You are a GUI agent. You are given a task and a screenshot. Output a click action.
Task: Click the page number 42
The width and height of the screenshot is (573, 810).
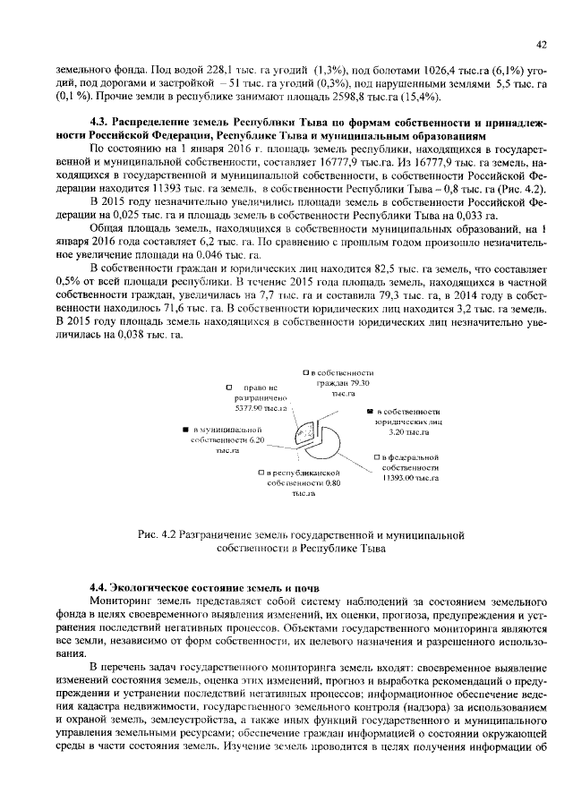(x=541, y=44)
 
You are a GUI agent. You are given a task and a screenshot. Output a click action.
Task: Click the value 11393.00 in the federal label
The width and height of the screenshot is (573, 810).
(x=396, y=479)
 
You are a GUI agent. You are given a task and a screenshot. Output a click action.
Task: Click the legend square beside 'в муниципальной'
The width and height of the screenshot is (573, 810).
(x=184, y=430)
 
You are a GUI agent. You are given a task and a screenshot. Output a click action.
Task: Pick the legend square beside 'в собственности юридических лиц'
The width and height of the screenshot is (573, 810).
(x=369, y=409)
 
